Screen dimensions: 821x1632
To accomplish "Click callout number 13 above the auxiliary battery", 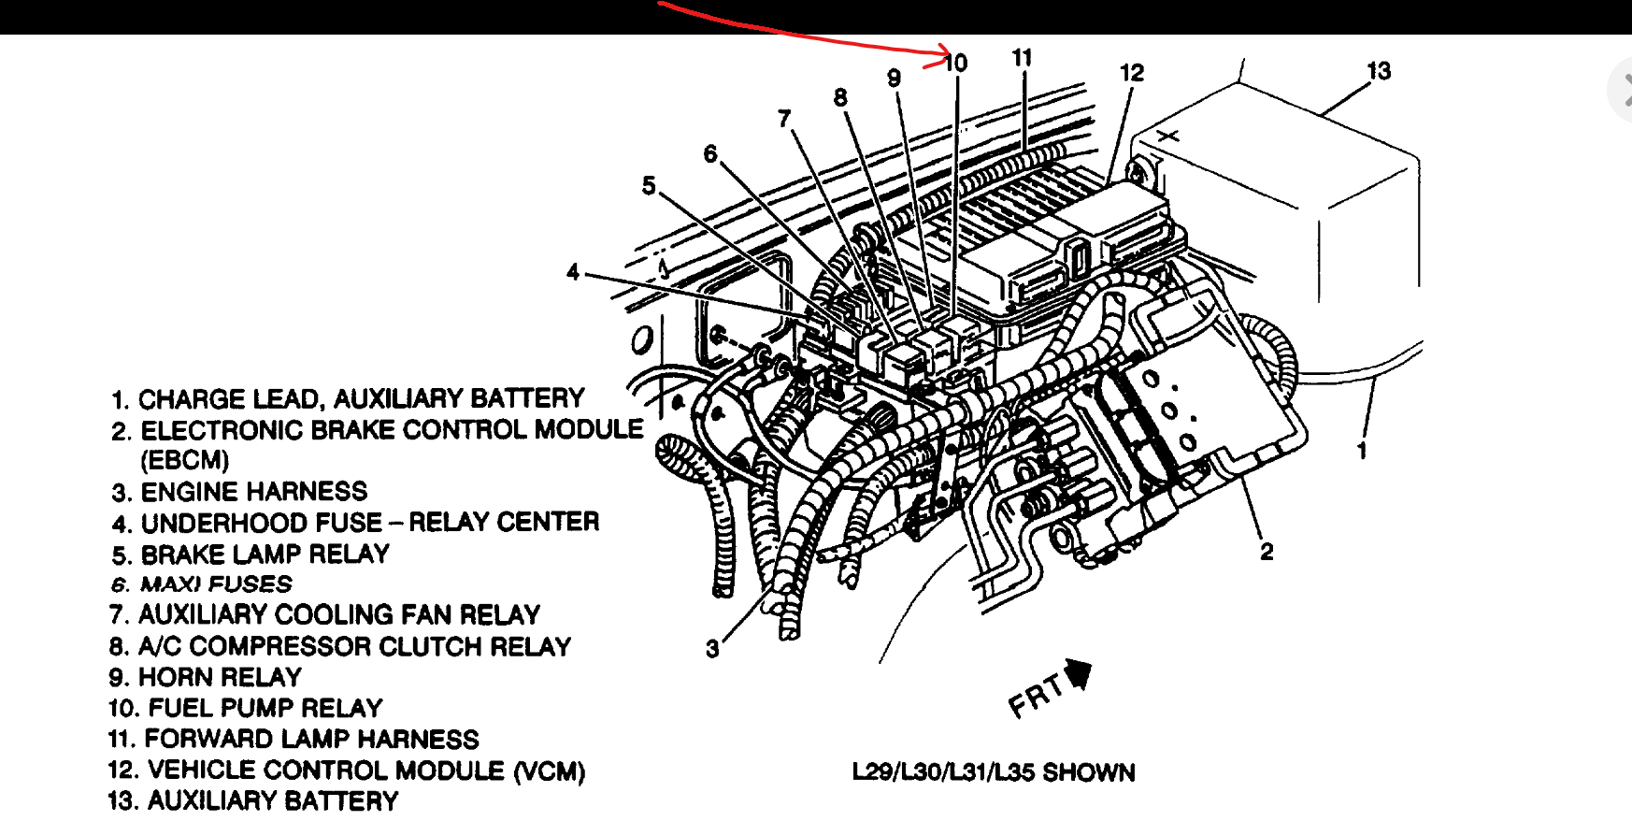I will (1379, 71).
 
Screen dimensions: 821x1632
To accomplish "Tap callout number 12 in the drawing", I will (1132, 73).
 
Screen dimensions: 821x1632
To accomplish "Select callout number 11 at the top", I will (1022, 58).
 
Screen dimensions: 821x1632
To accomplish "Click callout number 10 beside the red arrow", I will (956, 63).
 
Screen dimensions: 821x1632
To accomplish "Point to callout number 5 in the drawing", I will (649, 185).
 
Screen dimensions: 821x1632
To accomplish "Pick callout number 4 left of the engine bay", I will (573, 272).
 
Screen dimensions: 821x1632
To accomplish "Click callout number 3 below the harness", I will (712, 648).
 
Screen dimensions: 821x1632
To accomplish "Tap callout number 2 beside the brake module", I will (1267, 552).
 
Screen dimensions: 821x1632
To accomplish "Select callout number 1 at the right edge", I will (1362, 451).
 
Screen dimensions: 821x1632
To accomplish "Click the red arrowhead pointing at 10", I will (944, 56).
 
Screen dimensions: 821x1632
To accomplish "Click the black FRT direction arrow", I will (1079, 672).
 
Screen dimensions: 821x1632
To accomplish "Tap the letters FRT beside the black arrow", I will (1036, 697).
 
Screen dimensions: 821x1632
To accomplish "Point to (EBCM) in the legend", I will (185, 460).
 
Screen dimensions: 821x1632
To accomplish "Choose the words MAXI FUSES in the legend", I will (216, 584).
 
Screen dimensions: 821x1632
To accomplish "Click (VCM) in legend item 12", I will (549, 771).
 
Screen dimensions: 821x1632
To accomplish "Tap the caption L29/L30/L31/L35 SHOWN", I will (993, 772).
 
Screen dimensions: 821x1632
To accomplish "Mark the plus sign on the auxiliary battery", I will (1168, 137).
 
